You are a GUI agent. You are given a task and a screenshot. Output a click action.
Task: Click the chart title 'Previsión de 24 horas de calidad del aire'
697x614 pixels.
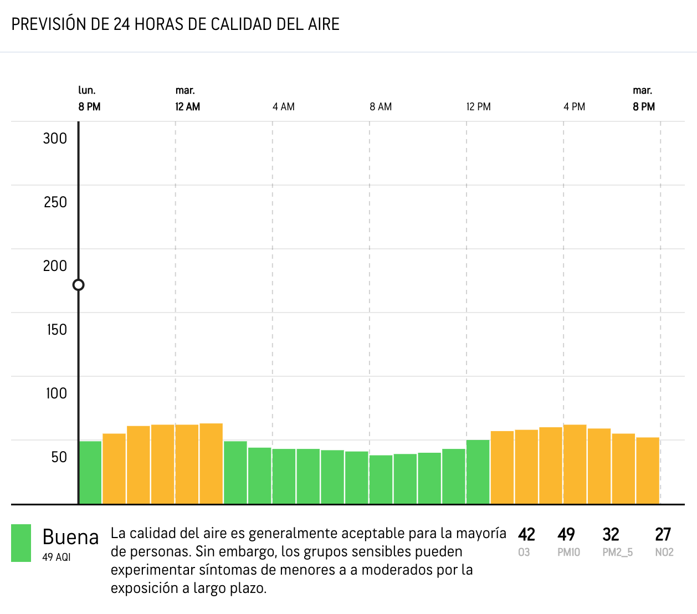point(176,24)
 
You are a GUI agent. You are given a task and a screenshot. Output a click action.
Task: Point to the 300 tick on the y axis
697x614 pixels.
point(55,139)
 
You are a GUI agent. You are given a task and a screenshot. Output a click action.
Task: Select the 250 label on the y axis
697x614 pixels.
point(55,202)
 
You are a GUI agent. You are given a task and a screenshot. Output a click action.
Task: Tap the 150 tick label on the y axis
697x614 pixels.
point(57,330)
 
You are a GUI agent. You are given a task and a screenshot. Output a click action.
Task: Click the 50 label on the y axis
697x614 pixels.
point(59,457)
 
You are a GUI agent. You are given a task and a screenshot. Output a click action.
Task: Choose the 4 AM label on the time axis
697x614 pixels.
point(284,107)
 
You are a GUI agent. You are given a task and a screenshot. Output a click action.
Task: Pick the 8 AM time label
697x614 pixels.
point(381,107)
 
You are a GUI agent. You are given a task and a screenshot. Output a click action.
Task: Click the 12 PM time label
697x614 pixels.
point(479,107)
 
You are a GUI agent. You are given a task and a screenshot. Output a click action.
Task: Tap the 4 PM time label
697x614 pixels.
point(574,107)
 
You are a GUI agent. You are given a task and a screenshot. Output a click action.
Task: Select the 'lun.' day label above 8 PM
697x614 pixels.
point(86,90)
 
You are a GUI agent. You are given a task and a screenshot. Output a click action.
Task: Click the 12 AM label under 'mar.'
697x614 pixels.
point(187,107)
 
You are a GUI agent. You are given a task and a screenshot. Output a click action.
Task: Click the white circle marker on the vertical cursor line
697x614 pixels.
point(79,285)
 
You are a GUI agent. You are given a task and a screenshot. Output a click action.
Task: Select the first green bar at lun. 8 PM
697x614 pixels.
point(90,473)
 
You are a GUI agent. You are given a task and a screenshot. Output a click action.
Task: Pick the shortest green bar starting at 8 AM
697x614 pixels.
point(381,479)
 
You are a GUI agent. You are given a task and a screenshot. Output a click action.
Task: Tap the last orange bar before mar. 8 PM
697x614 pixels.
point(648,470)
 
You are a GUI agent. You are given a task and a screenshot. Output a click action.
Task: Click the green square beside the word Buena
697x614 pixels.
point(21,543)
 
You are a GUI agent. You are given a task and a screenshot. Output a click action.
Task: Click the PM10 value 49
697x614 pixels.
point(566,535)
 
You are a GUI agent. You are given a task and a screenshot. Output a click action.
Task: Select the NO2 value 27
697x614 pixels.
point(663,535)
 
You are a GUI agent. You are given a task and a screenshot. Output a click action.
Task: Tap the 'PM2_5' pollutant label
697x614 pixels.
point(618,552)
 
